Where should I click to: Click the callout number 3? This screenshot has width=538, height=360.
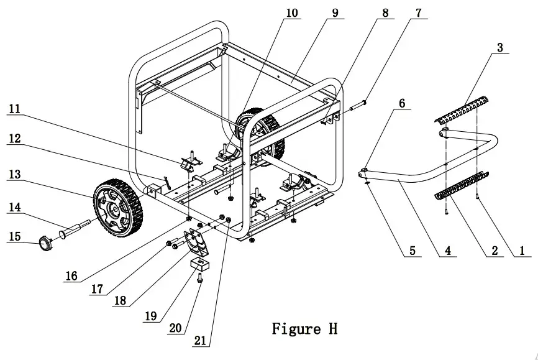coord(500,47)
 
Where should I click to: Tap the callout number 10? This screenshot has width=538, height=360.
coord(292,13)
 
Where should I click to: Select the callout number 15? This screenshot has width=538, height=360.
coord(14,238)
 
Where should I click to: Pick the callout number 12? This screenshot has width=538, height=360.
coord(14,139)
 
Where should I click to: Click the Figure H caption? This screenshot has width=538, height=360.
coord(304,328)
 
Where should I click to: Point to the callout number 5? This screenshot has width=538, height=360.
coord(411,252)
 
